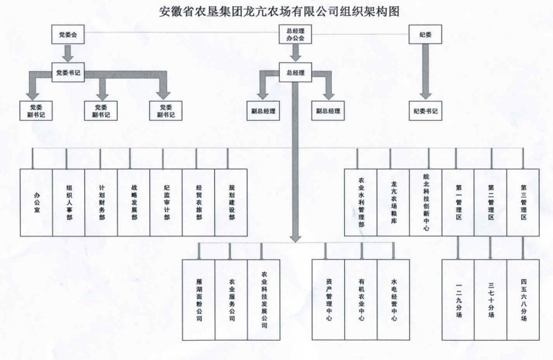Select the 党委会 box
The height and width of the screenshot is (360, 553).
pos(68,33)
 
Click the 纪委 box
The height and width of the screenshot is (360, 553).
pos(426,33)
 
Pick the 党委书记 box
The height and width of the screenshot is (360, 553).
pos(68,71)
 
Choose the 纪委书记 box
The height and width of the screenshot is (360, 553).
pos(426,110)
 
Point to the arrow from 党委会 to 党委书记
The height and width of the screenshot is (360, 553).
pos(68,53)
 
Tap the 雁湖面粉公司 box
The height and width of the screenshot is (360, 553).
pos(199,299)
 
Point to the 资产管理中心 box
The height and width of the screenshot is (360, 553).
pos(329,299)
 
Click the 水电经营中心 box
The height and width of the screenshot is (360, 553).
pos(394,299)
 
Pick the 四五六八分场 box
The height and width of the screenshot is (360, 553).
pos(523,299)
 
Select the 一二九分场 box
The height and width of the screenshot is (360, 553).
pos(458,299)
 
